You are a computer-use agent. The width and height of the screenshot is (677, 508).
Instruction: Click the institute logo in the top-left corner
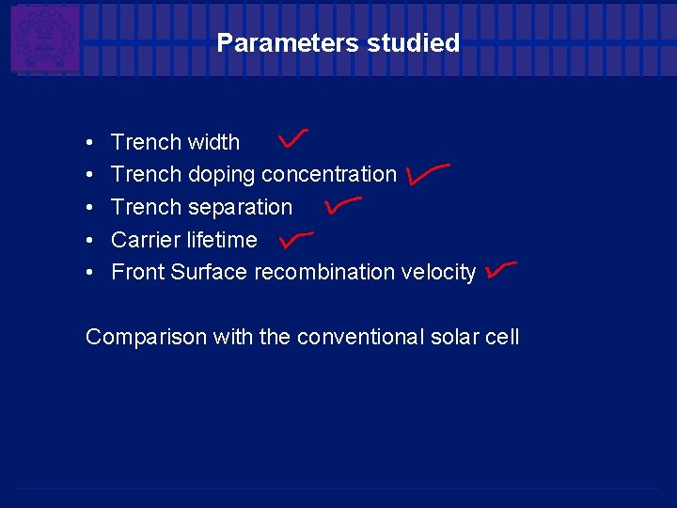click(x=44, y=39)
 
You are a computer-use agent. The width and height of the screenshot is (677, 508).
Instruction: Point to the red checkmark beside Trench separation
click(x=341, y=203)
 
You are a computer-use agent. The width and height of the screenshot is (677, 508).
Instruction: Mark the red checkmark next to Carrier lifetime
click(x=295, y=239)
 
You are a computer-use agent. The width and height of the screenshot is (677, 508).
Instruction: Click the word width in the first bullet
click(x=213, y=142)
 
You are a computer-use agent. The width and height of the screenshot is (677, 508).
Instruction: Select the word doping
click(x=222, y=175)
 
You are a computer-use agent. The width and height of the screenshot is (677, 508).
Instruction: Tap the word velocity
click(x=438, y=272)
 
